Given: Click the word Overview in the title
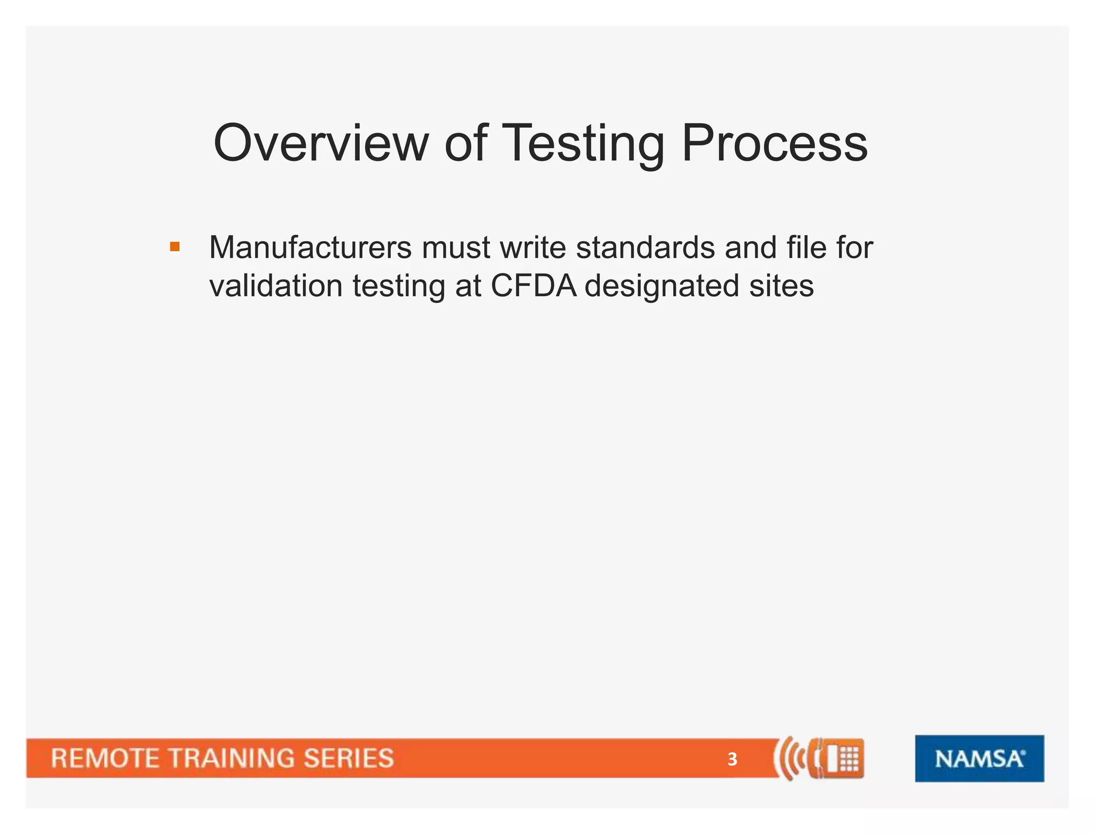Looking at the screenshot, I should (320, 143).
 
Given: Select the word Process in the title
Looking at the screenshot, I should (774, 143).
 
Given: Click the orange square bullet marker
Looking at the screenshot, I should (175, 247).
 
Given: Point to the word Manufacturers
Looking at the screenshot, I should (310, 248).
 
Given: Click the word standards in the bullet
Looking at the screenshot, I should (645, 248).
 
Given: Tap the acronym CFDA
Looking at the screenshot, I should (533, 286).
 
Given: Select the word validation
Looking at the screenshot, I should (275, 286).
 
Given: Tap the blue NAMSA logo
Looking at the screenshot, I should (979, 758).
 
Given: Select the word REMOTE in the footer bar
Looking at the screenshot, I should (105, 759).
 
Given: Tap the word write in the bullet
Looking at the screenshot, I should (532, 248).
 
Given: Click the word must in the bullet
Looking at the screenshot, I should (456, 248).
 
